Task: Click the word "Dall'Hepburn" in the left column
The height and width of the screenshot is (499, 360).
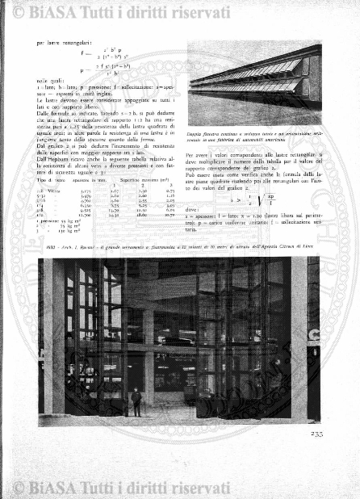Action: coord(52,161)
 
